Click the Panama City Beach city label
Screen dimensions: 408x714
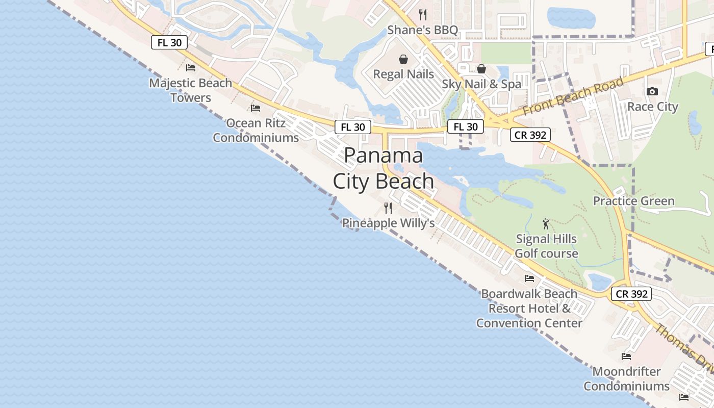[x=384, y=168]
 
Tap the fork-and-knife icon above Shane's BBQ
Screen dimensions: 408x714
[x=422, y=14]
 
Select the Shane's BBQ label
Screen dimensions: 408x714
[x=422, y=30]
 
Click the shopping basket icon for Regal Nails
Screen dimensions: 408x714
[x=403, y=59]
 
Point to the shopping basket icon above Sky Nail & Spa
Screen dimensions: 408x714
[x=481, y=69]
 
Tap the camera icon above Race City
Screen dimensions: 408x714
[x=652, y=92]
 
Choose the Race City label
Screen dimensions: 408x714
[x=652, y=107]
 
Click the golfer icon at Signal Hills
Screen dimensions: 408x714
[x=546, y=224]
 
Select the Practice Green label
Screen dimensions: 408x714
[x=633, y=201]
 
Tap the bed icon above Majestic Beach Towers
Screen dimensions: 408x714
[x=191, y=67]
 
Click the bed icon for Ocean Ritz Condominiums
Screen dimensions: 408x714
[x=256, y=108]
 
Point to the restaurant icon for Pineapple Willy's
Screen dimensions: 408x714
[x=388, y=208]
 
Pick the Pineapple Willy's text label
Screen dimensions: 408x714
[x=388, y=223]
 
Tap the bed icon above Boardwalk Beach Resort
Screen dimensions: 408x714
[x=529, y=278]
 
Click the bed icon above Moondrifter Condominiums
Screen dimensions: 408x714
[x=626, y=356]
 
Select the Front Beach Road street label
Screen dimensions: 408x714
[x=573, y=97]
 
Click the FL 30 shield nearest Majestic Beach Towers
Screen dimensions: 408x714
[x=169, y=43]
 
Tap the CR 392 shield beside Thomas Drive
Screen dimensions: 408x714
[x=631, y=294]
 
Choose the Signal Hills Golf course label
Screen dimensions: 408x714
[x=546, y=246]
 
